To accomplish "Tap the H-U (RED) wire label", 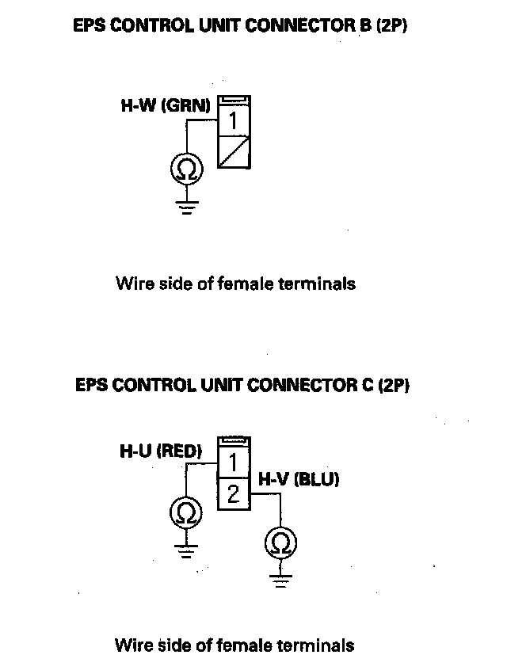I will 161,451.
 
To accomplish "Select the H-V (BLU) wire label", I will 299,479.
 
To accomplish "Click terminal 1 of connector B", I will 234,122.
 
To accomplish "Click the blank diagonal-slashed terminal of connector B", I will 234,151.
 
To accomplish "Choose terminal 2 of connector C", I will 233,495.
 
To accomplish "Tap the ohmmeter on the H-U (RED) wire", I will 186,513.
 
